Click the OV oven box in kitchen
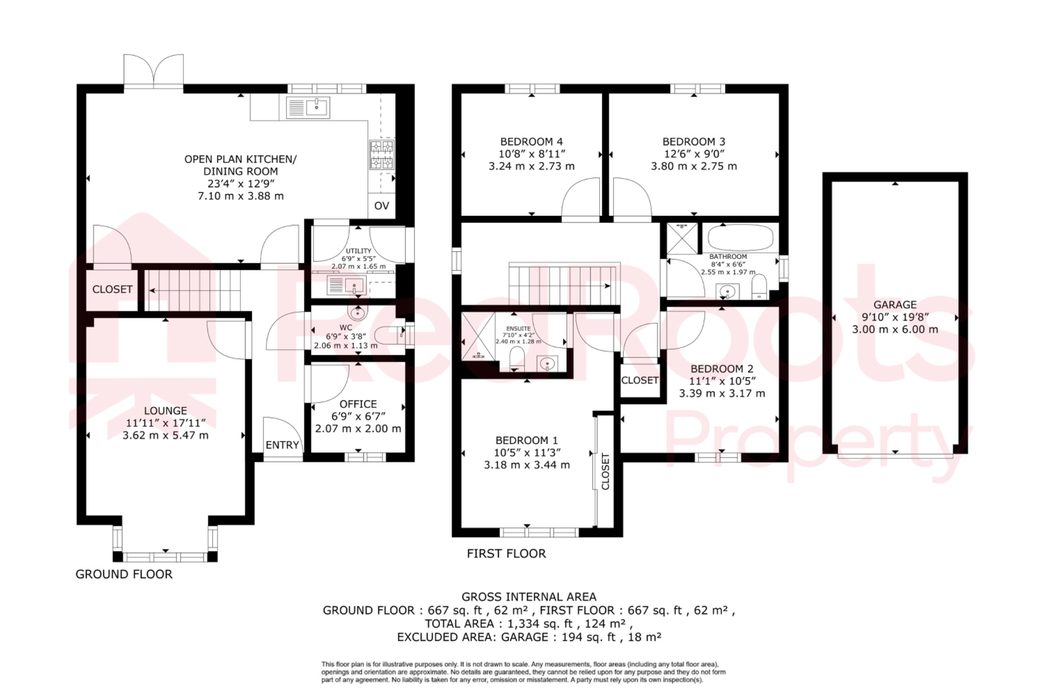click(x=381, y=205)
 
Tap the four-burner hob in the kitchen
click(x=382, y=154)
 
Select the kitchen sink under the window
click(x=308, y=108)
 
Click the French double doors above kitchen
click(x=153, y=71)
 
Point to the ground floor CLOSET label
click(x=112, y=289)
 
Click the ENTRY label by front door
click(x=282, y=445)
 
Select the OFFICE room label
click(x=358, y=404)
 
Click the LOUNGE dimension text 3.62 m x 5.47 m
click(x=165, y=435)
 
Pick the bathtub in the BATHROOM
click(x=740, y=238)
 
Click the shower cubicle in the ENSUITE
click(x=478, y=336)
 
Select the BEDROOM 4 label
click(x=531, y=142)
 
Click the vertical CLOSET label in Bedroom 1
click(x=606, y=471)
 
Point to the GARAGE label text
click(x=895, y=305)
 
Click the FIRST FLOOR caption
click(x=506, y=553)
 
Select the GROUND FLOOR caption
click(x=124, y=574)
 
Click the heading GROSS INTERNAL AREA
click(x=529, y=597)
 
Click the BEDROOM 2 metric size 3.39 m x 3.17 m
click(x=722, y=393)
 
